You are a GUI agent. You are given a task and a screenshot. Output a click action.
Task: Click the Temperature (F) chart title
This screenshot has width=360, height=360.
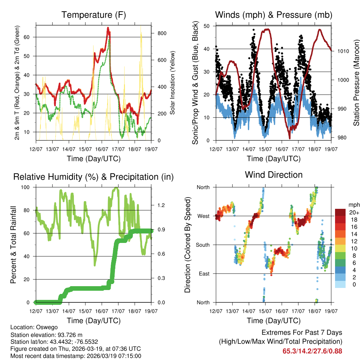coord(93,15)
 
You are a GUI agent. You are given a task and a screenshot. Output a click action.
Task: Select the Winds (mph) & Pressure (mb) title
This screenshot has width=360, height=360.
coord(274,15)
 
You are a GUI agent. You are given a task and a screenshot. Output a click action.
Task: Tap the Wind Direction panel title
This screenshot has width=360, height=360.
coord(274,175)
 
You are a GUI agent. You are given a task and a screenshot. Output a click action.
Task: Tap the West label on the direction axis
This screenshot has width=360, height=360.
coord(204,216)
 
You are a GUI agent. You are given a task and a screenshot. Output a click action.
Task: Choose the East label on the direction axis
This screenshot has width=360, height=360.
coord(204,274)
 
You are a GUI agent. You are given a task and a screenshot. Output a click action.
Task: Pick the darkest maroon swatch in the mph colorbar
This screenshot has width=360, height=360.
coord(340,212)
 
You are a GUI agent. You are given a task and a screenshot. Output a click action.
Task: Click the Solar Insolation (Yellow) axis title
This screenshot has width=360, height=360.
coord(173,83)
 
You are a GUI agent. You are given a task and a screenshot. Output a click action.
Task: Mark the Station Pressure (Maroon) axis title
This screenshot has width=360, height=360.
coord(356,83)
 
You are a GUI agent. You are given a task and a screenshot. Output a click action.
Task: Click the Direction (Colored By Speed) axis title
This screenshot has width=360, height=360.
coord(187,245)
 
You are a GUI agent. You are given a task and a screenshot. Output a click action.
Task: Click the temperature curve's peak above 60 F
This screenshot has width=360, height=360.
coord(108,28)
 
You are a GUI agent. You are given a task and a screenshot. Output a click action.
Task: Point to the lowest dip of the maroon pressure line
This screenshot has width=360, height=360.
coord(289,138)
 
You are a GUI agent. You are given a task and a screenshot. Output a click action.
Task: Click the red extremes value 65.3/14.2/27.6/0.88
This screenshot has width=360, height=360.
coord(312,351)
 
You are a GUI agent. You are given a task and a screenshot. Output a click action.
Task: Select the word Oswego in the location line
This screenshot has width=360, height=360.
coord(44,327)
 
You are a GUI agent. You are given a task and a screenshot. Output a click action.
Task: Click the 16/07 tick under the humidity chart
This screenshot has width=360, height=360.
coord(102,311)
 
